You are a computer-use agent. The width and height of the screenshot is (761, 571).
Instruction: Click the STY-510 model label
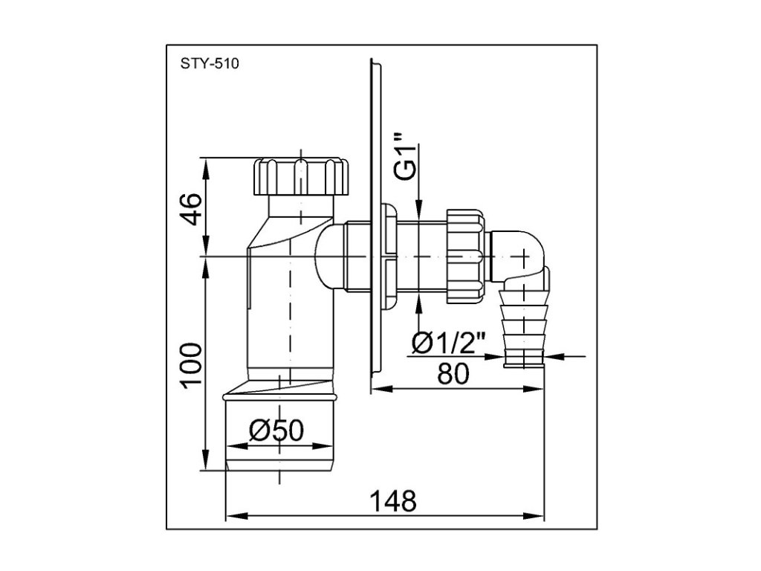click(210, 64)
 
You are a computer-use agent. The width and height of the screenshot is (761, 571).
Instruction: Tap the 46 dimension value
click(191, 208)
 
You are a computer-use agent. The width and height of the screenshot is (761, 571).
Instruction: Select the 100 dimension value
click(191, 364)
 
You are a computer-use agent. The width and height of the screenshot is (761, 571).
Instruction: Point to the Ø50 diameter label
click(276, 430)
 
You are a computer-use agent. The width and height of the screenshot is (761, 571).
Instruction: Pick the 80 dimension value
click(454, 374)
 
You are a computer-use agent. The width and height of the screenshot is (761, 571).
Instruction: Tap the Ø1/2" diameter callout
click(448, 343)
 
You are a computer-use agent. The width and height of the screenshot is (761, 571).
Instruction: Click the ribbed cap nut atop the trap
click(301, 176)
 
